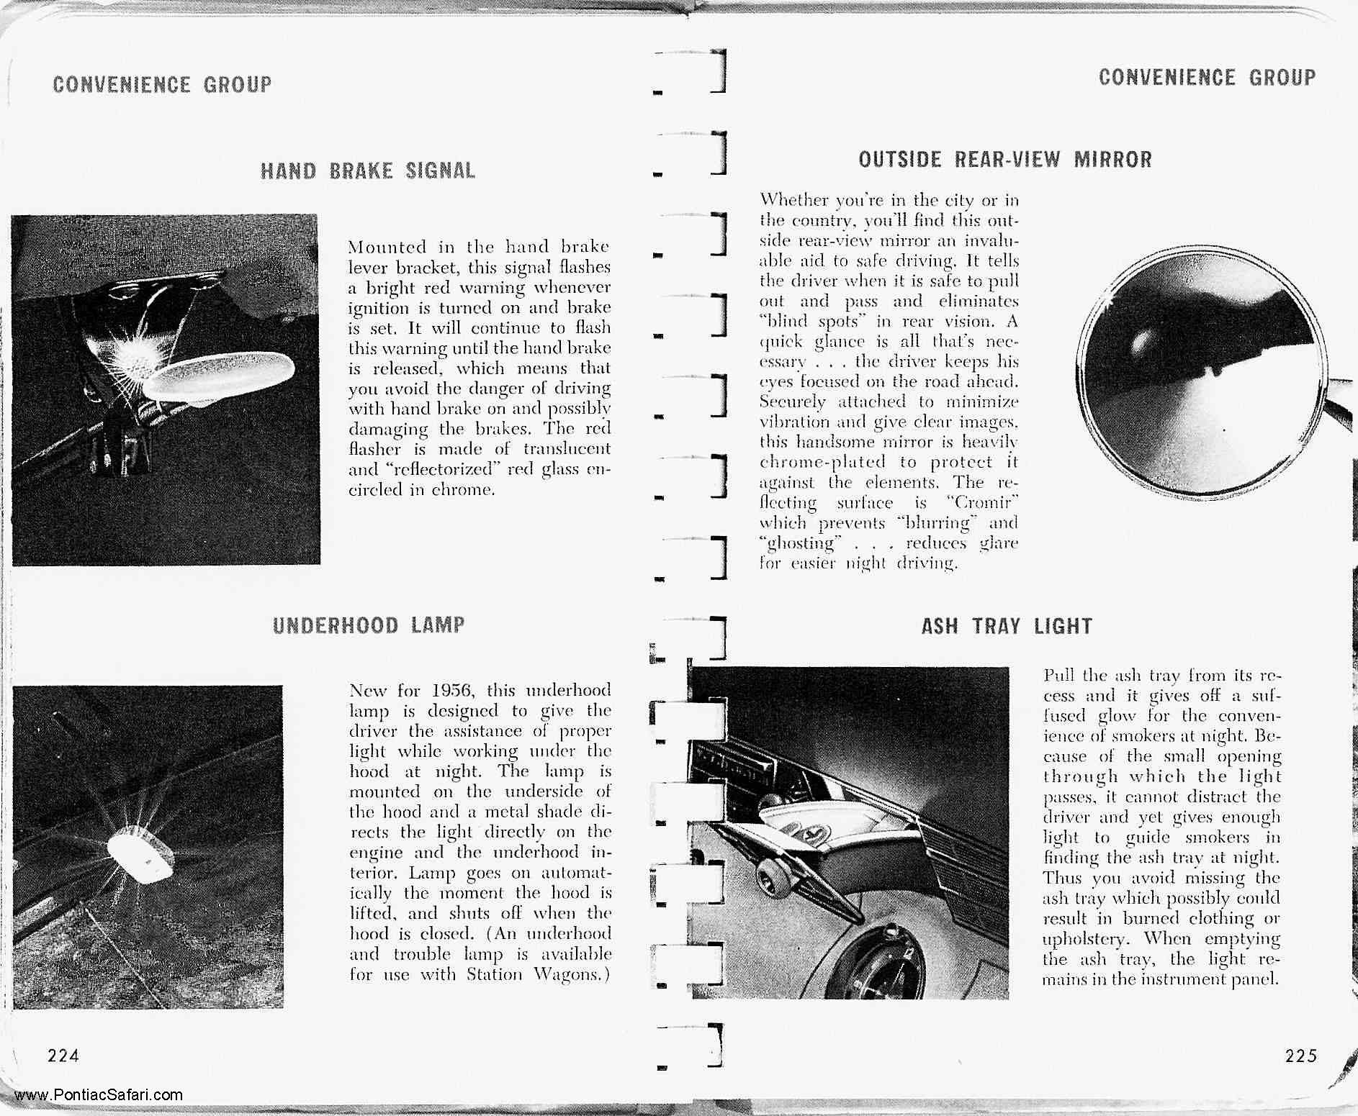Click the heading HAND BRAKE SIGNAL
pos(368,171)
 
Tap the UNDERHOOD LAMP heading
pos(369,625)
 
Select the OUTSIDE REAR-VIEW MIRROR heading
pos(1005,159)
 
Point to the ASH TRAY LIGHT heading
pos(1007,626)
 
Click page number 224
pos(63,1056)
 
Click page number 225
pos(1300,1056)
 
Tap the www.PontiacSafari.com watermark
pos(99,1095)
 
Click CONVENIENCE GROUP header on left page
pos(163,85)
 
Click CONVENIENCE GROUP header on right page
pos(1207,77)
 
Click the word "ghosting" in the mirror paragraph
pos(801,543)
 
